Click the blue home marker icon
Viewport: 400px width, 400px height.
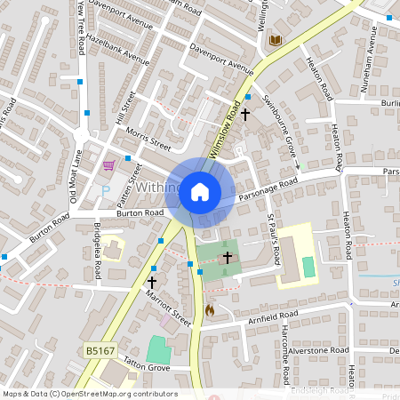(200, 191)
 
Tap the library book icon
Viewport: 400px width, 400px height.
(275, 41)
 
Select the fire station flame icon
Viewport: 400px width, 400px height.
(210, 310)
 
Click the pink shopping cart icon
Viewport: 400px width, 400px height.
(108, 165)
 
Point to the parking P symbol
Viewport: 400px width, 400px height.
(107, 188)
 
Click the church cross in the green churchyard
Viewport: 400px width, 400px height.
(227, 258)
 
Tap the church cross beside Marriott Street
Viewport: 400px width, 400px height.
(152, 281)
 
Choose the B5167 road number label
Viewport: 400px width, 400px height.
(100, 351)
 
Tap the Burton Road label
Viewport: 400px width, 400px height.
(141, 213)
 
